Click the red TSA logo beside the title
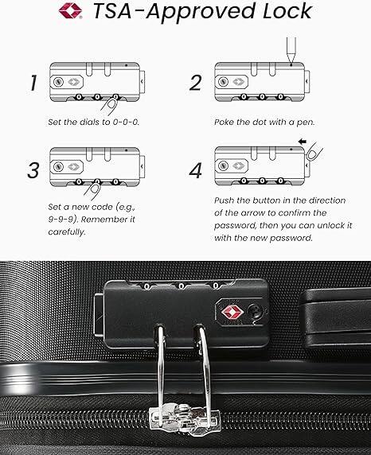coord(68,12)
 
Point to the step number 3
coord(33,169)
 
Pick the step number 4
coord(195,169)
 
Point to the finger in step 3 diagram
coord(94,189)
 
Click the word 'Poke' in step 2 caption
coord(226,123)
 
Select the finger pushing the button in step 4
coord(318,151)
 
